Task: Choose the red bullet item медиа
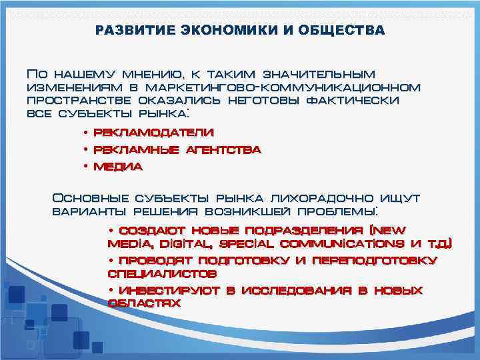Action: (118, 167)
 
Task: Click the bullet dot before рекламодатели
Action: (86, 134)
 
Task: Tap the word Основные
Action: (91, 199)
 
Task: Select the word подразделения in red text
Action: (311, 231)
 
